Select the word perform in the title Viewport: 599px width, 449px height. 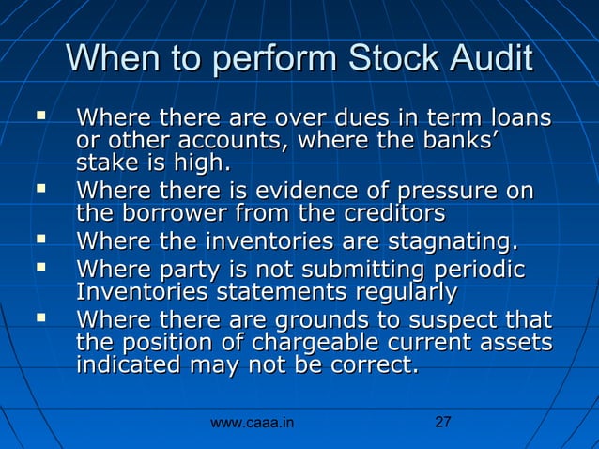coord(267,60)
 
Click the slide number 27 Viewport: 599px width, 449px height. coord(444,423)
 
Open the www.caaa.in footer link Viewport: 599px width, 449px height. coord(252,424)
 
